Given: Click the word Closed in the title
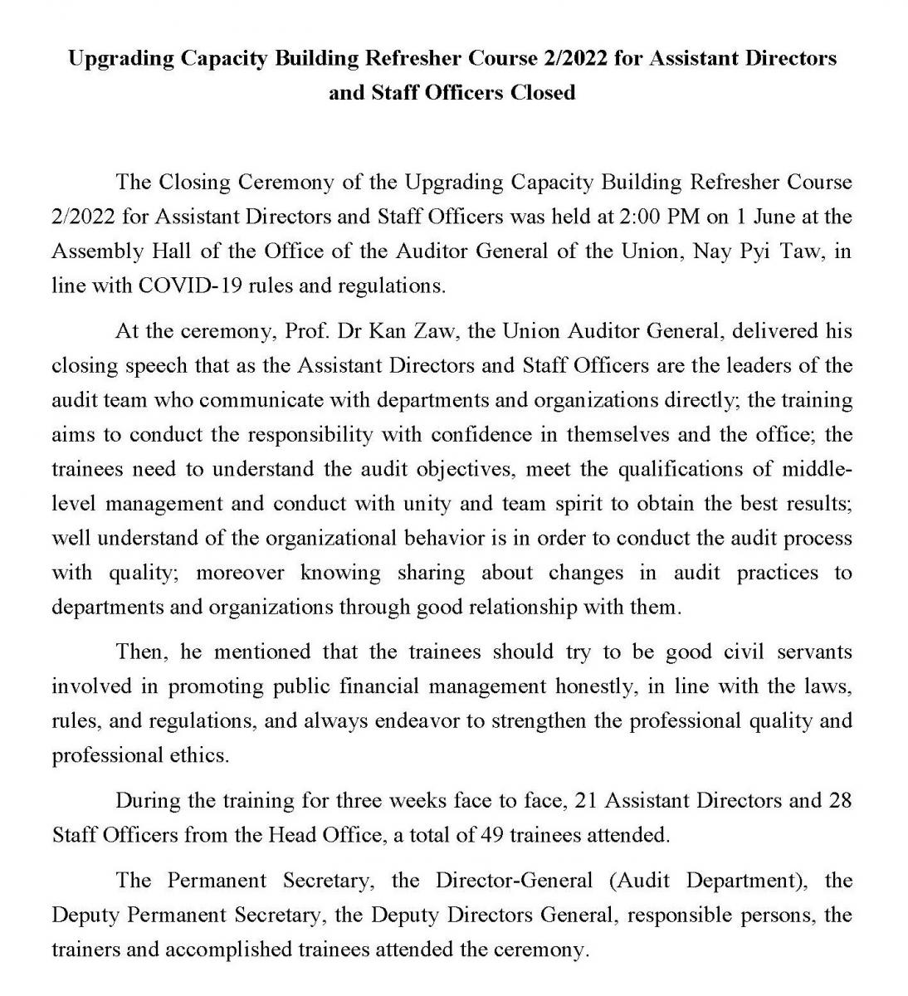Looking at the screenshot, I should click(542, 92).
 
